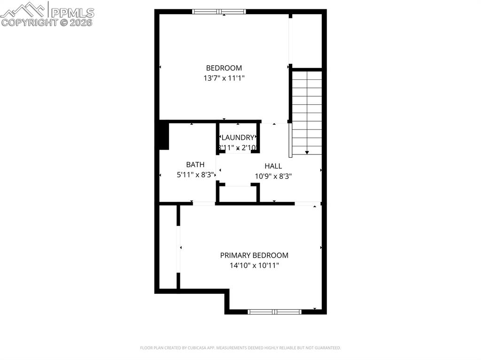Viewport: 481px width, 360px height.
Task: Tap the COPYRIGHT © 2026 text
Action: [x=47, y=22]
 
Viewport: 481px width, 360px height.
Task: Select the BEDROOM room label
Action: [x=224, y=68]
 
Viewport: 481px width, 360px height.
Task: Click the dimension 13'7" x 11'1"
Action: [x=224, y=78]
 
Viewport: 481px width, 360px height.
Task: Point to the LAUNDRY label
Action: [x=238, y=138]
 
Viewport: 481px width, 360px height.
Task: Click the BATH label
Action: [x=195, y=164]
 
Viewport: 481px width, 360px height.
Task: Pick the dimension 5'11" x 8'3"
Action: [x=195, y=175]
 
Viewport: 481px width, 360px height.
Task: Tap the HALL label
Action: [x=273, y=166]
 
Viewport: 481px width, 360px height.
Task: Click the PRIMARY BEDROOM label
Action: [x=254, y=255]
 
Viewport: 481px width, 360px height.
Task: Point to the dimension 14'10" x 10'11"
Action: [x=254, y=266]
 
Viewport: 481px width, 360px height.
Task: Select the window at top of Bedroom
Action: [x=219, y=12]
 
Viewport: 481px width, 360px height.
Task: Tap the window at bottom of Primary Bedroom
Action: [x=275, y=311]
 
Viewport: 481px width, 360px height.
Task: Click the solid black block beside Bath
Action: [x=163, y=136]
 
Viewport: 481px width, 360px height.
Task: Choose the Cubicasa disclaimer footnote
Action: [x=240, y=348]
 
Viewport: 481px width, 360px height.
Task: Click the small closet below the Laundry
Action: [x=238, y=194]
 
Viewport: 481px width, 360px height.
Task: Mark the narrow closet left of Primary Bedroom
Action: [x=168, y=247]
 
